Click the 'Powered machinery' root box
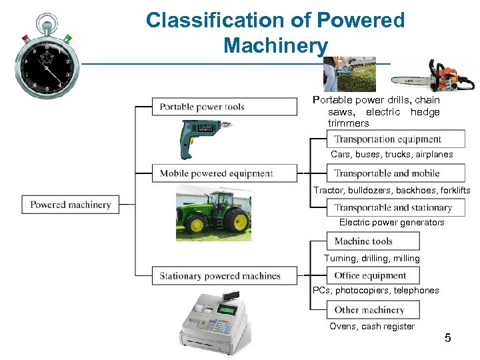click(70, 205)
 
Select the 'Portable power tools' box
click(225, 107)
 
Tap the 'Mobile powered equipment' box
click(225, 173)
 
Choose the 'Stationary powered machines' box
click(225, 275)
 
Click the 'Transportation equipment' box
click(395, 139)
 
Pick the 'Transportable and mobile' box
click(395, 173)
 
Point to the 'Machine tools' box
click(373, 241)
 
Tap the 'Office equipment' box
click(373, 275)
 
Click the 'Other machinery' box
click(373, 309)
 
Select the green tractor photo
click(213, 213)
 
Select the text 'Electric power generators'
click(391, 223)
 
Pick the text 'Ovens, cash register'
click(372, 326)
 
